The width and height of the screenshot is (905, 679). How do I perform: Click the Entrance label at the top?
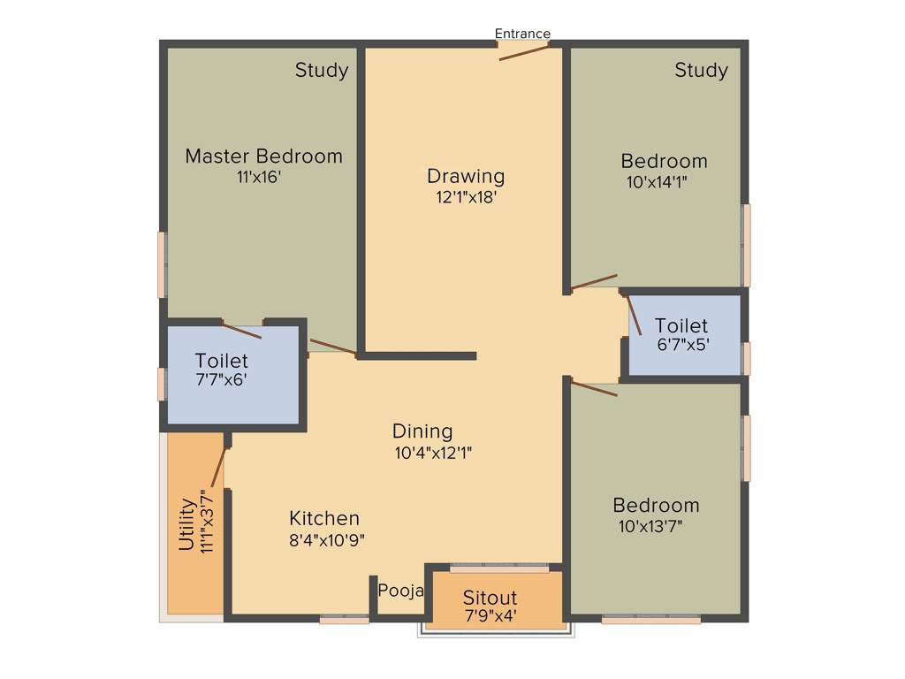[x=522, y=34]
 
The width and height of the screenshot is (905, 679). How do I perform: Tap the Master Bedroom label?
[x=263, y=156]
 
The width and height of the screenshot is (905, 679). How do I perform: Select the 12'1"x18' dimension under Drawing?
[x=466, y=197]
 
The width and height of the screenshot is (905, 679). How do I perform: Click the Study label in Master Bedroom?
[x=322, y=70]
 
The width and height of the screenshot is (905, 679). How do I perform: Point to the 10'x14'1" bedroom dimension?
[x=657, y=182]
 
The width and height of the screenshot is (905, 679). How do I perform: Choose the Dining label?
[x=422, y=431]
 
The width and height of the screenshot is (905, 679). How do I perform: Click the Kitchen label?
[x=324, y=518]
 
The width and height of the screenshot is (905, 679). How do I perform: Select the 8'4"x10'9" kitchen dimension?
[x=326, y=538]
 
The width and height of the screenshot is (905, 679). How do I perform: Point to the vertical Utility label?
[x=186, y=525]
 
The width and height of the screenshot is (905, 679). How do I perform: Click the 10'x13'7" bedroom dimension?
[x=650, y=526]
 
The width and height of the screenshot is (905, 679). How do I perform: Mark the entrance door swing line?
[x=523, y=51]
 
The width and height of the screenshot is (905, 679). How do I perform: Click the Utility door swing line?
[x=217, y=468]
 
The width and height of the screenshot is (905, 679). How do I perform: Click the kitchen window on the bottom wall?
[x=344, y=620]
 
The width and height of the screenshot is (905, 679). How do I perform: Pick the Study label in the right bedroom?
[x=701, y=70]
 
